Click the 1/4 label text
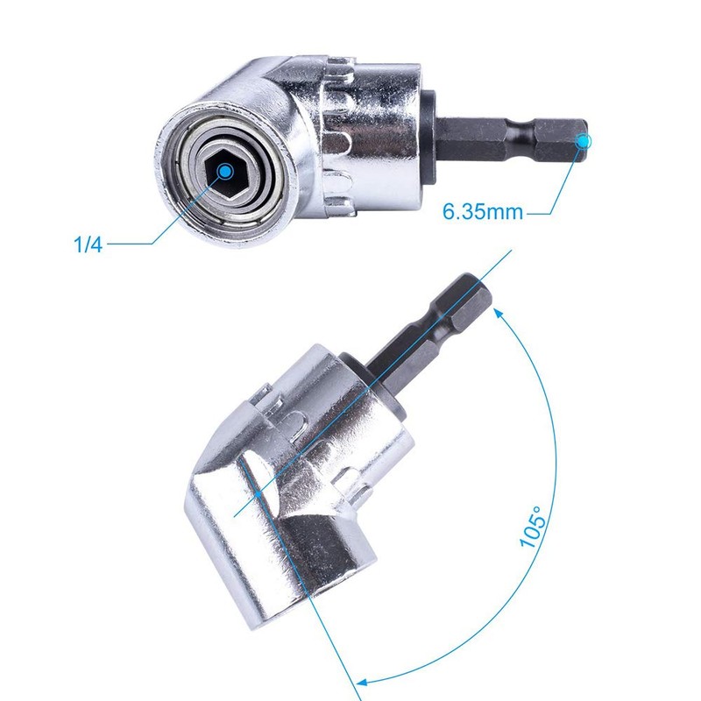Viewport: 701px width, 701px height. [x=88, y=244]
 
